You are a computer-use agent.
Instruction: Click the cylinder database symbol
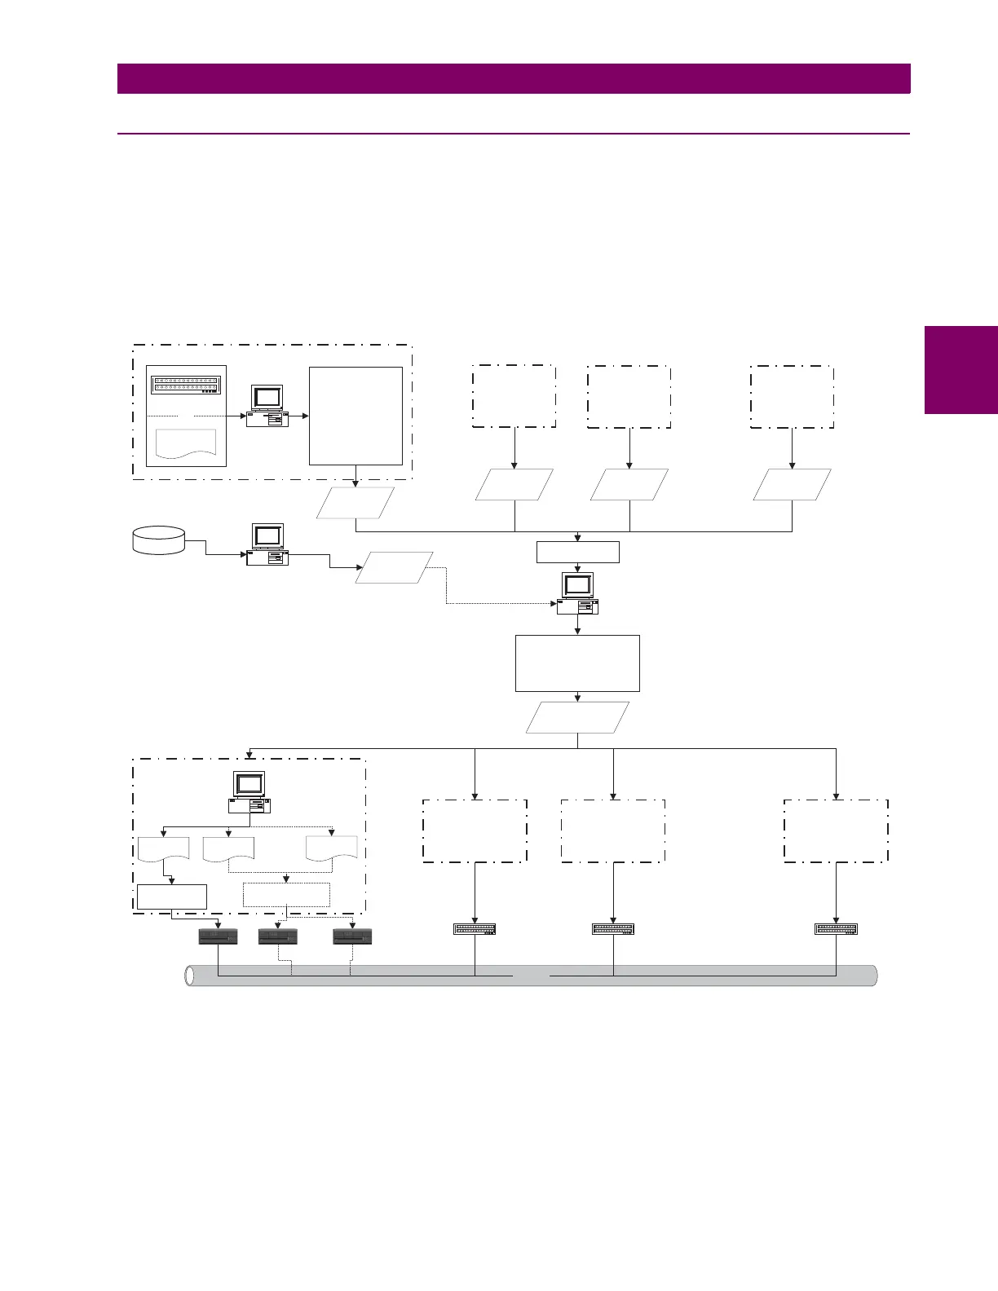click(158, 540)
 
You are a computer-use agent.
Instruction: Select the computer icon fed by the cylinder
click(267, 544)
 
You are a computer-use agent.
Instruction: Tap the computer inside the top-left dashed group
click(267, 406)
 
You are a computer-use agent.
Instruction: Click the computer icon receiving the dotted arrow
click(577, 593)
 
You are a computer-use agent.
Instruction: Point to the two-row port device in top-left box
click(186, 385)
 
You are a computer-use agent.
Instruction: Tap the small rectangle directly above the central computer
click(577, 552)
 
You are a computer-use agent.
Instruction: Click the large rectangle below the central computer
click(577, 663)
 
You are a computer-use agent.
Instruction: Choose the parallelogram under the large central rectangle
click(577, 717)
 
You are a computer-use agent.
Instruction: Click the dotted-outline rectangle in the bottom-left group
click(287, 895)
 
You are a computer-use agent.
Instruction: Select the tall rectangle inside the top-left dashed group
click(355, 416)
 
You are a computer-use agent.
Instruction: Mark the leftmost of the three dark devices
click(219, 936)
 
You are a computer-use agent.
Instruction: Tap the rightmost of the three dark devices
click(352, 936)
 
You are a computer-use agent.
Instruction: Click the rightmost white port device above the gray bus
click(836, 929)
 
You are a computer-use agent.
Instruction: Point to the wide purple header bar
click(514, 79)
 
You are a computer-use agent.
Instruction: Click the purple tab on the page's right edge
click(961, 370)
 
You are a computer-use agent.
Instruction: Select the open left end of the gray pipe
click(191, 976)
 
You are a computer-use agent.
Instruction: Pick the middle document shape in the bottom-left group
click(228, 849)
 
